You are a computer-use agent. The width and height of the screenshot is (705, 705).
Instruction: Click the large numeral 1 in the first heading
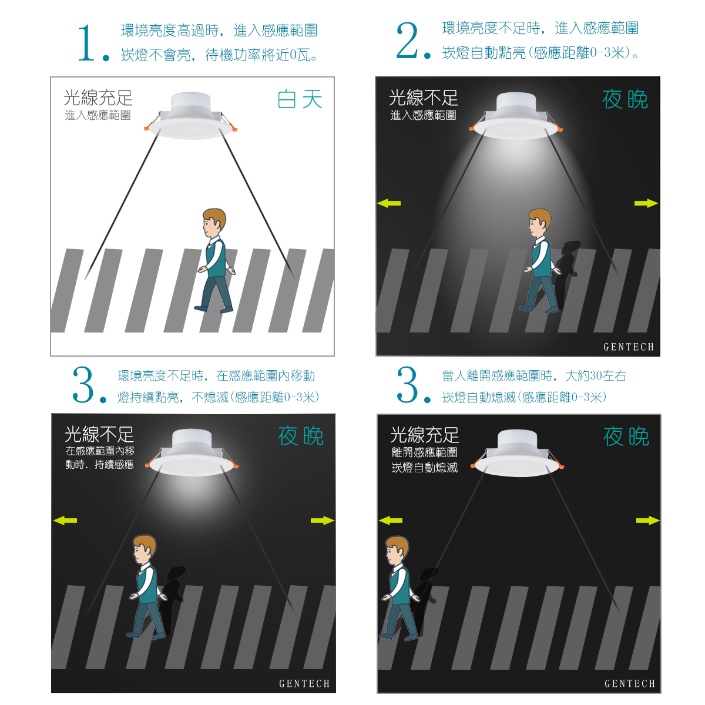87,43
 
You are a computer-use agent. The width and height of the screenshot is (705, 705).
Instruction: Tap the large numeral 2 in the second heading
407,41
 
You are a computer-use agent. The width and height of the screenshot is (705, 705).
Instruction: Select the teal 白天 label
300,99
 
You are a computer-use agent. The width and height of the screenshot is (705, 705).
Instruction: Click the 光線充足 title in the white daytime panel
98,98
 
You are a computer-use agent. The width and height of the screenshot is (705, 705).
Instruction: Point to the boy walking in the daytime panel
215,261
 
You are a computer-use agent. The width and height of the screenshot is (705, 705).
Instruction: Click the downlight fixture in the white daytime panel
190,115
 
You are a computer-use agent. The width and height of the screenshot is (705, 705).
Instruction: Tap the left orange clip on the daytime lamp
147,127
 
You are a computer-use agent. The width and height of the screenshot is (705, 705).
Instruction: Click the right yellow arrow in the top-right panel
646,203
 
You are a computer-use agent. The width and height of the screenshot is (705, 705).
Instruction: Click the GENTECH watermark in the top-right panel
629,347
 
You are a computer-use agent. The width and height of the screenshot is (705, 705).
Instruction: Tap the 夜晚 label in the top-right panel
625,99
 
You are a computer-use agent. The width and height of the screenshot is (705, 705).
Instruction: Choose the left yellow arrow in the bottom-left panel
65,521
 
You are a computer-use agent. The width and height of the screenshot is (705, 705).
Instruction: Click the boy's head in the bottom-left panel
144,549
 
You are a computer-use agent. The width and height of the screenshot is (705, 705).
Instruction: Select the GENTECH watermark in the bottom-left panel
304,683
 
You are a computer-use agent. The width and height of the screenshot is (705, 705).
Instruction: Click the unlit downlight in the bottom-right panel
518,453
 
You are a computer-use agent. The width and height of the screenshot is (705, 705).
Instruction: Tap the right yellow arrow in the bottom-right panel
647,521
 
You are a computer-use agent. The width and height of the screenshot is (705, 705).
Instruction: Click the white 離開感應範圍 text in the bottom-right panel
424,452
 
